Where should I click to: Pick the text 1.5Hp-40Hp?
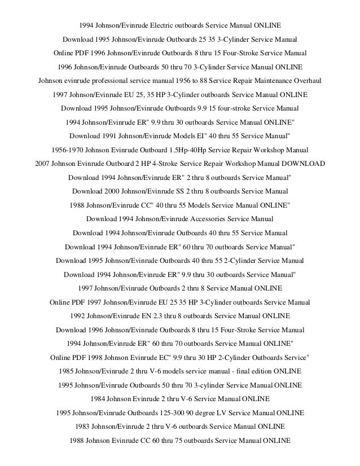188,150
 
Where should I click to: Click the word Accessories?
213,218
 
